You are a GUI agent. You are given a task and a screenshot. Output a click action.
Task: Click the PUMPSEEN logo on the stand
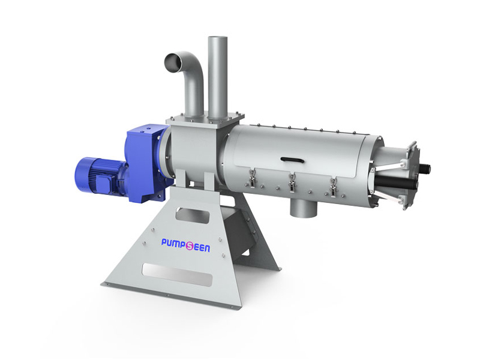(185, 245)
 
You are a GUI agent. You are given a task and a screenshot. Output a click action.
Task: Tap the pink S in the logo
(190, 246)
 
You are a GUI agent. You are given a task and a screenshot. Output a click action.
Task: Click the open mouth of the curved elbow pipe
(173, 61)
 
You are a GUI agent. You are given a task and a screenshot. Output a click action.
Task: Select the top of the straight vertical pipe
(218, 38)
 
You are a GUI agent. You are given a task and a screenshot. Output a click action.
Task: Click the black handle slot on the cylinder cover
(293, 160)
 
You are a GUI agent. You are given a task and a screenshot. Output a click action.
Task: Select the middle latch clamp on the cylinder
(292, 182)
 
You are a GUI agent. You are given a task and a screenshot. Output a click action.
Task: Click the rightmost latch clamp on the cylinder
(333, 187)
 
